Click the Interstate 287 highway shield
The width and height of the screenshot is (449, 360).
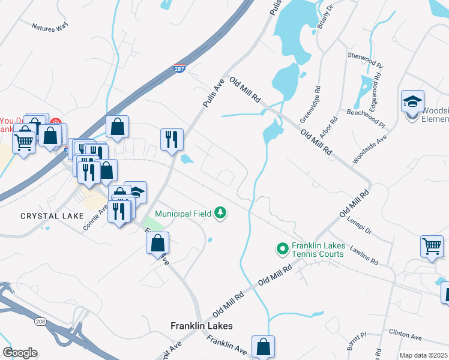point(179,70)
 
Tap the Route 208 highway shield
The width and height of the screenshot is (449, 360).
point(39,322)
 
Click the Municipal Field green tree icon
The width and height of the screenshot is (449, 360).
point(221,213)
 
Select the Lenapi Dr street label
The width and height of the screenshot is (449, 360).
point(360,225)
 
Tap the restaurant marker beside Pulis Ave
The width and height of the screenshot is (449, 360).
point(172,139)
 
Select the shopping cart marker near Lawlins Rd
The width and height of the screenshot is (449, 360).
point(432,246)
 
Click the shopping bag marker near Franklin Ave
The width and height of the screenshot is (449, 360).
point(263,346)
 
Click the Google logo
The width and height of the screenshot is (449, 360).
point(20,353)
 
